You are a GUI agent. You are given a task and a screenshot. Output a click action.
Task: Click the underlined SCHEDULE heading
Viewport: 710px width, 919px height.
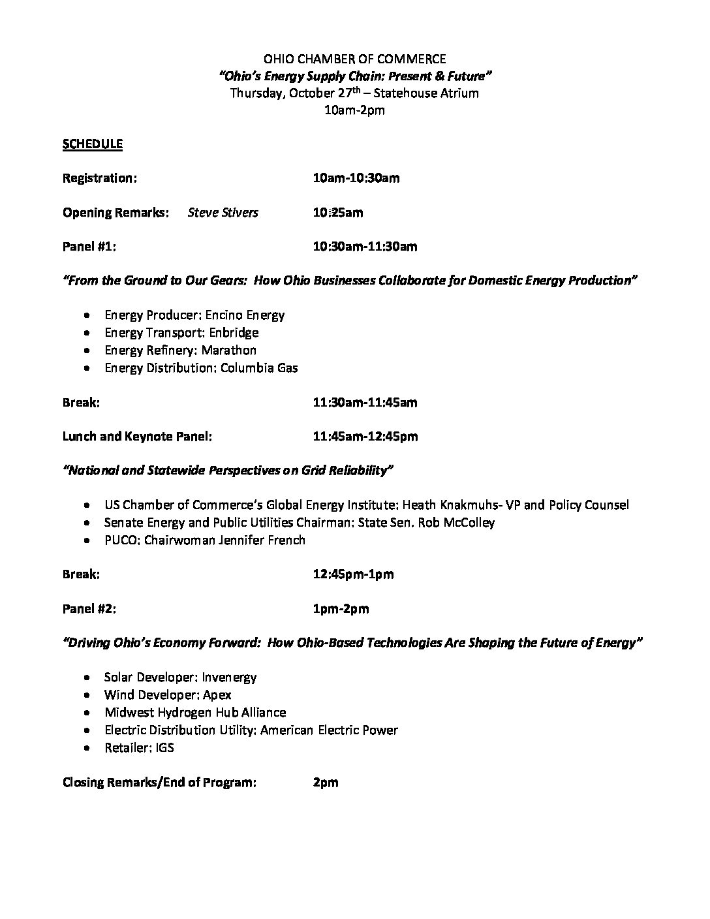point(92,144)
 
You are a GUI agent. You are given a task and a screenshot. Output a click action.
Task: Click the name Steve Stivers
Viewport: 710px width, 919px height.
point(223,213)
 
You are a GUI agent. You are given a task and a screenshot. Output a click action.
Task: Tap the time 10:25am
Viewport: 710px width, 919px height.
point(338,213)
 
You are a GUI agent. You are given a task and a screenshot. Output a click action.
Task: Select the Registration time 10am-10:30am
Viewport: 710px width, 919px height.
point(356,178)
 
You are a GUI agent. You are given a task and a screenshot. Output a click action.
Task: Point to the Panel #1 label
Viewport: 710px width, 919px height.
point(89,247)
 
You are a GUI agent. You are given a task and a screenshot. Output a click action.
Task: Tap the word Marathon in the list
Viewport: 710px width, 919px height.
point(228,350)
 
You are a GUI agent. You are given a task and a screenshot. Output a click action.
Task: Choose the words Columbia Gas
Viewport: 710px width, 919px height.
point(259,368)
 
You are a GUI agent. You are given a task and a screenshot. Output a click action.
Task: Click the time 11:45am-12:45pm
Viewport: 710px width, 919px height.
point(365,437)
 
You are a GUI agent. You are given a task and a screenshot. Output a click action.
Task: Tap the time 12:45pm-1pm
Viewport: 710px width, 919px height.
point(353,575)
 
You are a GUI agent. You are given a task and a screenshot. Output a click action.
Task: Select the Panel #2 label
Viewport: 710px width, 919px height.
point(89,609)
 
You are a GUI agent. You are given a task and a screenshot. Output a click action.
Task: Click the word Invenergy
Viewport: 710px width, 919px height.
point(229,678)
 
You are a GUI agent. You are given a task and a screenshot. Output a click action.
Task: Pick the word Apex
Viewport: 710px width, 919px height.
point(217,695)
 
